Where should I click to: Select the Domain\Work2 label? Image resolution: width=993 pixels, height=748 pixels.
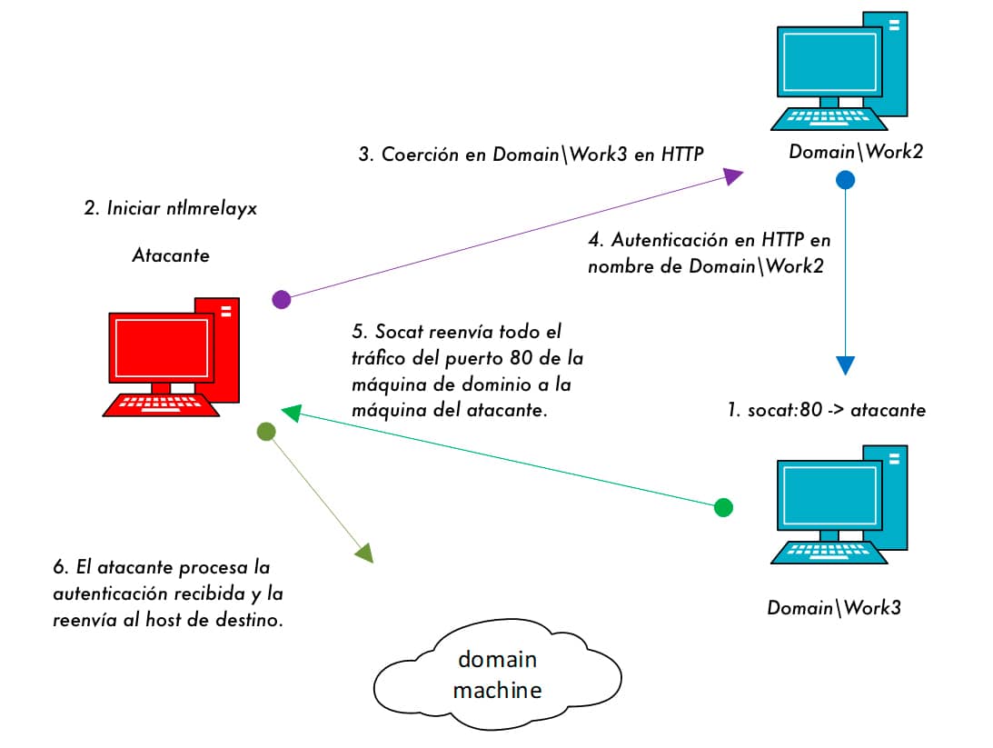855,152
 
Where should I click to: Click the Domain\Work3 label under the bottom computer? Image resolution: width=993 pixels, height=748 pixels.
833,608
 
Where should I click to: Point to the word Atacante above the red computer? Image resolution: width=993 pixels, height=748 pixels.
170,255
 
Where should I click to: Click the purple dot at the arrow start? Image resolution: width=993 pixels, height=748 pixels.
282,299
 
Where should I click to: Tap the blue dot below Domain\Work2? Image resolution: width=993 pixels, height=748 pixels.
845,180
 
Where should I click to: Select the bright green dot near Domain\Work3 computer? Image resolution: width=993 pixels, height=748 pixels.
723,507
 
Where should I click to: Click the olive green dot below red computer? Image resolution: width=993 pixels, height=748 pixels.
265,432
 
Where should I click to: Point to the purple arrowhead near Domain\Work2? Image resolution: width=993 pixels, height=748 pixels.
734,176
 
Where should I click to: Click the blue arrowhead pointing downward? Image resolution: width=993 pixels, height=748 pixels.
845,364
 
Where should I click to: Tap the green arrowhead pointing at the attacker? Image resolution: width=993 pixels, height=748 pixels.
291,414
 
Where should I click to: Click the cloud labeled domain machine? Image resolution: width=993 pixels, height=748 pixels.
497,674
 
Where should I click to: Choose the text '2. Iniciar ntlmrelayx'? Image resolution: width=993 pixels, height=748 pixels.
170,207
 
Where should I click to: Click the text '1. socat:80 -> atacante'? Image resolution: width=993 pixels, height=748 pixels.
826,410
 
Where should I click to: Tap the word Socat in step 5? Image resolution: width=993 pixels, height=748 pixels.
394,333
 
